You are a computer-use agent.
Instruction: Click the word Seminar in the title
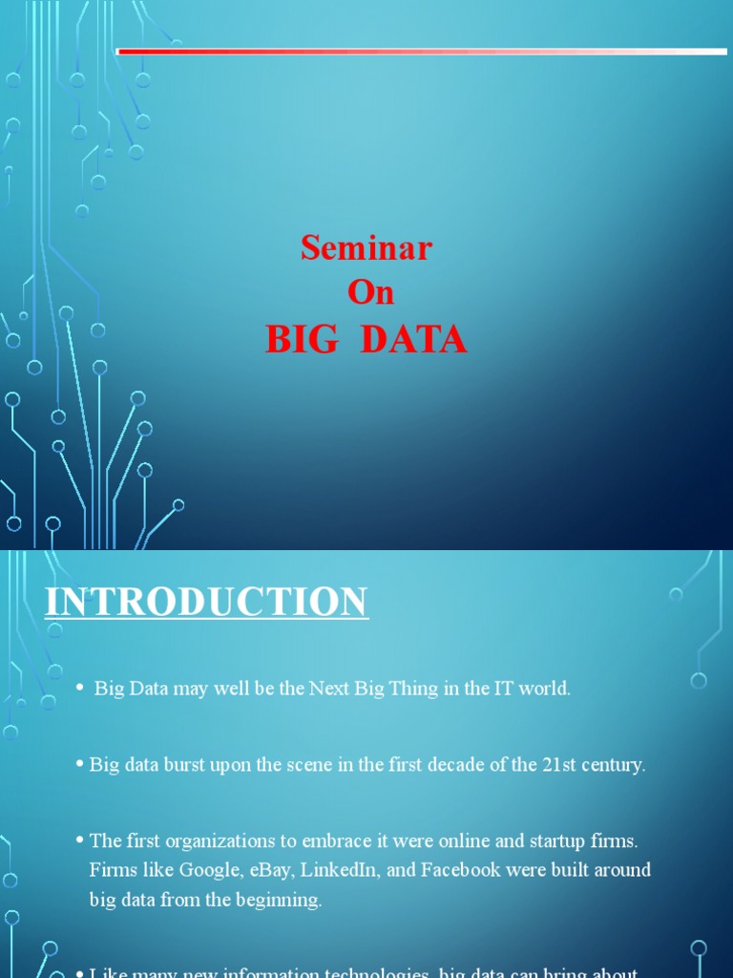pos(366,248)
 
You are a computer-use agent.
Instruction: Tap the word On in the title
pos(370,292)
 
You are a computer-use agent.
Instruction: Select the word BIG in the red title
pos(302,340)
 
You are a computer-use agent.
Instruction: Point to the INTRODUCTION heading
pos(207,603)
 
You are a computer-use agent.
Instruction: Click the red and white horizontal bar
pos(421,52)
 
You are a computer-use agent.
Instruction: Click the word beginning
pos(278,900)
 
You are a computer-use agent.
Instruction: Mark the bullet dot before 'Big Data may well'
pos(80,689)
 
